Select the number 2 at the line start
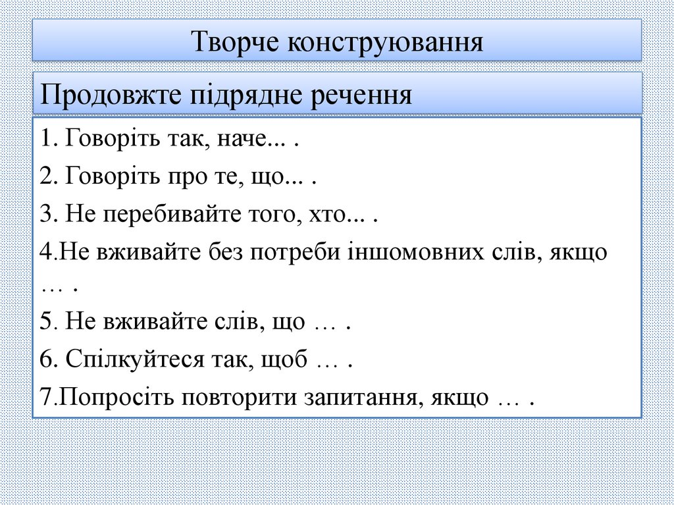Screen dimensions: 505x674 pyautogui.click(x=44, y=178)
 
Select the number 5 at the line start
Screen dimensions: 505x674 pyautogui.click(x=44, y=323)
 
